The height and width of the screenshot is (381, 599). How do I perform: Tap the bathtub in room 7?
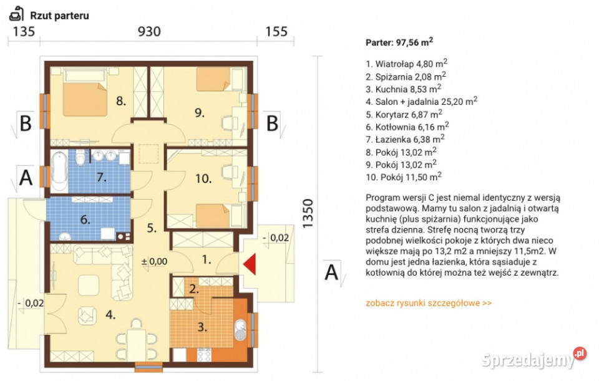[x=59, y=171]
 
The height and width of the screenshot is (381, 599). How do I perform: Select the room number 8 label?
[x=120, y=101]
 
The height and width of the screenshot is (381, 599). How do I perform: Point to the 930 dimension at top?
[x=149, y=31]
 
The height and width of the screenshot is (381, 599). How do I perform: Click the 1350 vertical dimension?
[x=308, y=213]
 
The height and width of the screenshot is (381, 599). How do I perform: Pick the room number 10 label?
[x=203, y=179]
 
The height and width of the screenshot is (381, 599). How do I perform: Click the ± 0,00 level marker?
[x=154, y=261]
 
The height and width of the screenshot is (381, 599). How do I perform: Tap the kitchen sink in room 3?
[x=240, y=330]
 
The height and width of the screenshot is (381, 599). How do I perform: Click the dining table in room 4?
[x=137, y=345]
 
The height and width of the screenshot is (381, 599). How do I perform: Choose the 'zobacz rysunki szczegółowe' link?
[x=429, y=303]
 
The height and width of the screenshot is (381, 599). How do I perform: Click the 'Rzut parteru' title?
[x=60, y=16]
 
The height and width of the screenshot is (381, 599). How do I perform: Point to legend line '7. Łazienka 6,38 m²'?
[x=405, y=139]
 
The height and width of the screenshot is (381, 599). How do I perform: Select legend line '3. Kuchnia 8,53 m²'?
[x=404, y=89]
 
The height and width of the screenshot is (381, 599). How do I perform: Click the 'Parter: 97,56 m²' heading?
[x=399, y=42]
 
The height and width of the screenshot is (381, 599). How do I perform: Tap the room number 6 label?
[x=85, y=220]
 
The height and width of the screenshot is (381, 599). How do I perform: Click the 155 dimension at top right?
[x=276, y=31]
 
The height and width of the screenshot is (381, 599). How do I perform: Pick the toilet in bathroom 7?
[x=80, y=158]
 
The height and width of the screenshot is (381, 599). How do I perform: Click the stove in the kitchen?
[x=203, y=355]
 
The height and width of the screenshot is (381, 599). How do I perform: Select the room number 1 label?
[x=207, y=260]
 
